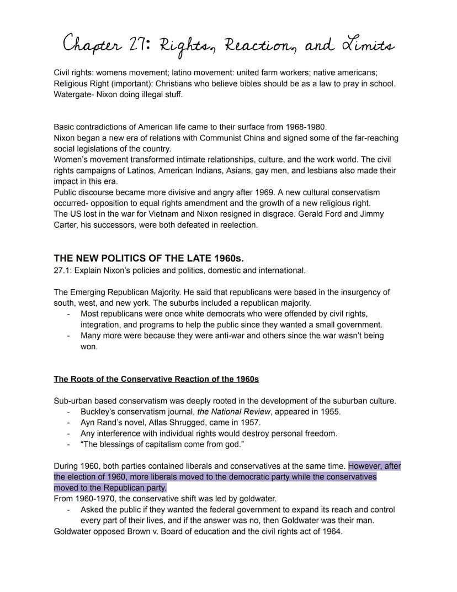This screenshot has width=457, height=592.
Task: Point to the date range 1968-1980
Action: (x=304, y=127)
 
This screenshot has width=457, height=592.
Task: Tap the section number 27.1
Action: (x=62, y=270)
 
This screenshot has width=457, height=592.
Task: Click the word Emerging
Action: (x=88, y=292)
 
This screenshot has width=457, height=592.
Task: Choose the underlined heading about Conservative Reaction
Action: (x=156, y=379)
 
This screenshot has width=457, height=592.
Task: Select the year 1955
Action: (x=330, y=412)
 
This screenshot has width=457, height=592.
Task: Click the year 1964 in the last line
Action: (x=331, y=532)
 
